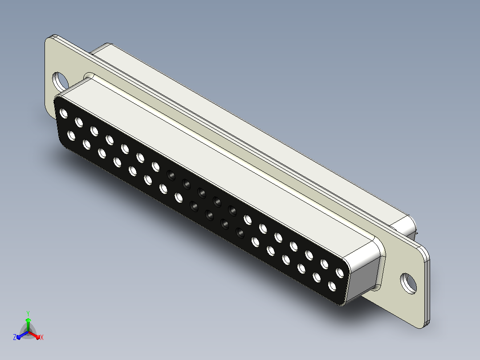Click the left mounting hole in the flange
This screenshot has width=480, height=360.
60,82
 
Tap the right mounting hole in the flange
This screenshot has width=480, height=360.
409,283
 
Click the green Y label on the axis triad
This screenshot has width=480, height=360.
28,313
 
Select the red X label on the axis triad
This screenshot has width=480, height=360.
42,337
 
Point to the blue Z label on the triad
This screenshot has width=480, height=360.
14,337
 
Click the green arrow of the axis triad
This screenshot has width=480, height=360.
28,324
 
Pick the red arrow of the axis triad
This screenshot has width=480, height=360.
34,335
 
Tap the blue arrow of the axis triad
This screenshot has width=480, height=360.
22,335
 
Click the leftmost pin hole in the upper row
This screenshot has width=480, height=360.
64,113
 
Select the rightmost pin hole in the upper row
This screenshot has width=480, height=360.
340,272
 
